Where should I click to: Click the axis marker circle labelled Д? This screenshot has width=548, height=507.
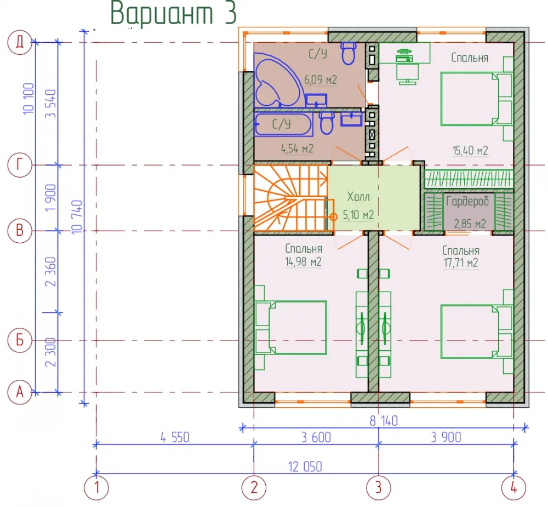coord(20,42)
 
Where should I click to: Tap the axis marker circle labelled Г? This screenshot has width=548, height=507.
coord(20,164)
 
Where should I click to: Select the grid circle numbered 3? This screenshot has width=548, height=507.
coord(379,487)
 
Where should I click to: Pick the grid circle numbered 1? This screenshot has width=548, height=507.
coord(96,487)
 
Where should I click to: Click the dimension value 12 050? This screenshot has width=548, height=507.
coord(305,467)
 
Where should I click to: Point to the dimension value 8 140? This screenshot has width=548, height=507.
coord(384,420)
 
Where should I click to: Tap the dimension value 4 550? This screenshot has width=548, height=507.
coord(175,437)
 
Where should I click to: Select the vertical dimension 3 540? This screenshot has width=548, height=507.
coord(50,104)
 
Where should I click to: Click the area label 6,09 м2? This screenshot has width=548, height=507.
coord(320,79)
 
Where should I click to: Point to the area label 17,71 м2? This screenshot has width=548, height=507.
coord(461,262)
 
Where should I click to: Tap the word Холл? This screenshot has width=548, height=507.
coord(358,197)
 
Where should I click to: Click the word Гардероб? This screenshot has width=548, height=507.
coord(467,202)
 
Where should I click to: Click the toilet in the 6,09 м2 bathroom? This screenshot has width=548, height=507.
coord(348,53)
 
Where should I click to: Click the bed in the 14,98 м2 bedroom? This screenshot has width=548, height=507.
coord(291,328)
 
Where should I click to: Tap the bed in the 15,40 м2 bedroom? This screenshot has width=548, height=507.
coord(476,99)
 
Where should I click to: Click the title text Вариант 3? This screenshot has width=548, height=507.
coord(174,13)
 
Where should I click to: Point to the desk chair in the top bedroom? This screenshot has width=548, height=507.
coord(408,74)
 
